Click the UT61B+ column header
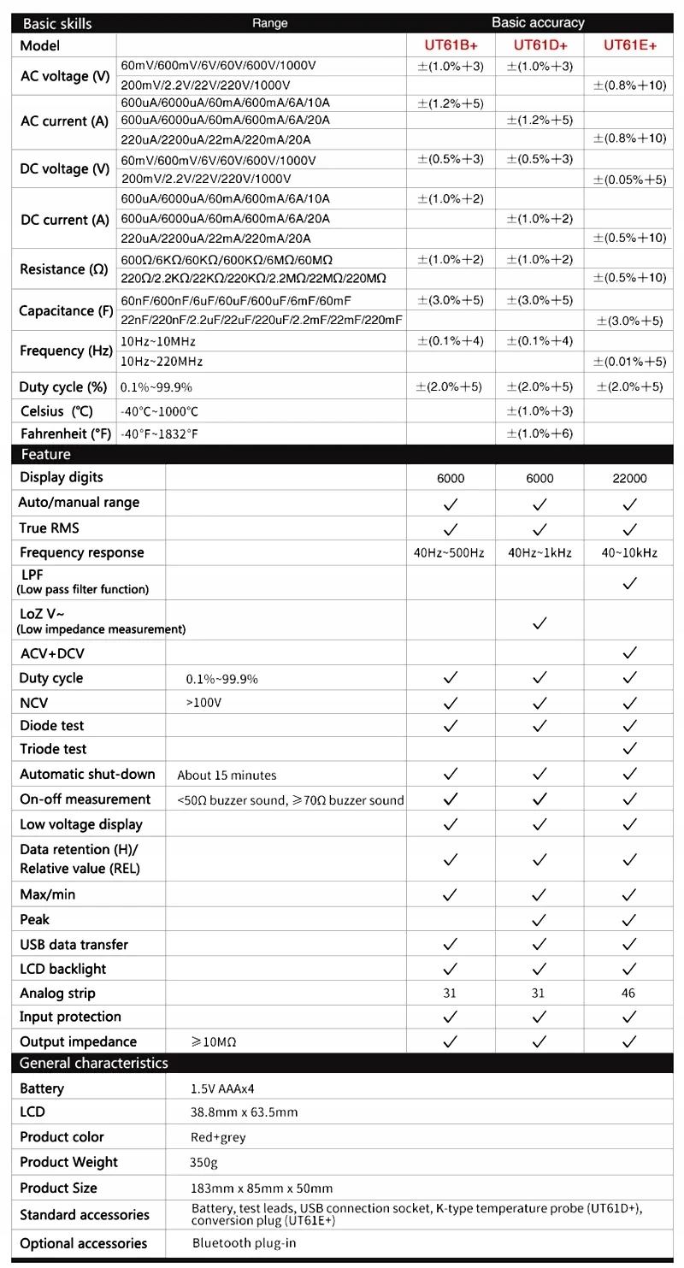pos(451,45)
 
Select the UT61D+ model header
pos(540,45)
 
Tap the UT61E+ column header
pos(630,45)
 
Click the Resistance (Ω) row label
pos(64,269)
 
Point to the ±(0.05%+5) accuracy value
pos(630,179)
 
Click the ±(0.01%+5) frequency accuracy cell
pos(630,362)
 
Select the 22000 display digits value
pos(630,479)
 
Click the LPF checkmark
pos(630,583)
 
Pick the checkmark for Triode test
pos(630,749)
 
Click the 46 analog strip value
pos(630,994)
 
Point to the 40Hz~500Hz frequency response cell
pos(450,553)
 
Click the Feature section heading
pos(46,455)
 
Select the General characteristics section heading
pos(94,1064)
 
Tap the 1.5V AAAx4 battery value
pos(223,1089)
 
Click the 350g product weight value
pos(203,1163)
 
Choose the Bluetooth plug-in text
pos(244,1243)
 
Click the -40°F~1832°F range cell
pos(160,434)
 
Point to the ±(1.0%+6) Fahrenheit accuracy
pos(540,433)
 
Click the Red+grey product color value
pos(215,1138)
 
